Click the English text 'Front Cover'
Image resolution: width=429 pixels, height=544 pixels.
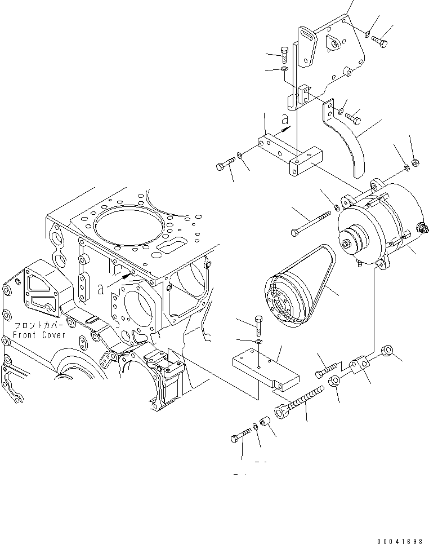pyautogui.click(x=39, y=335)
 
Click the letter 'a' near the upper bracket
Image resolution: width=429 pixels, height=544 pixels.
pyautogui.click(x=285, y=119)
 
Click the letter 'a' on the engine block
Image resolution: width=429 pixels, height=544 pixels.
pyautogui.click(x=100, y=289)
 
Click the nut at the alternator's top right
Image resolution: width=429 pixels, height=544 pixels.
pyautogui.click(x=414, y=164)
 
